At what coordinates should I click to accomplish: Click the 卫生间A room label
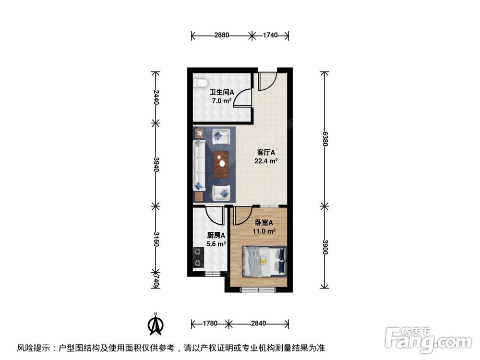[221, 93]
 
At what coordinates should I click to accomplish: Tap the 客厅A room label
[266, 153]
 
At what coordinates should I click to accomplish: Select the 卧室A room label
[264, 223]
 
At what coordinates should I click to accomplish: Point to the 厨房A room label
[216, 235]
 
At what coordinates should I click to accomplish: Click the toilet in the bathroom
[198, 83]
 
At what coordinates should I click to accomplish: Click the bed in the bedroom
[264, 262]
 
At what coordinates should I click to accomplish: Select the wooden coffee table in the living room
[221, 164]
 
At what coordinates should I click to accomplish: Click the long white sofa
[199, 165]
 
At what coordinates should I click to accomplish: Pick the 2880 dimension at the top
[222, 36]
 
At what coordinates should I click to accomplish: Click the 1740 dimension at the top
[271, 36]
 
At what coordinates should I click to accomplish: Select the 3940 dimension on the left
[155, 164]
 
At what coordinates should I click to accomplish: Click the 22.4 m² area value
[266, 161]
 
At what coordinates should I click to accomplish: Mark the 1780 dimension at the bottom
[211, 323]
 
